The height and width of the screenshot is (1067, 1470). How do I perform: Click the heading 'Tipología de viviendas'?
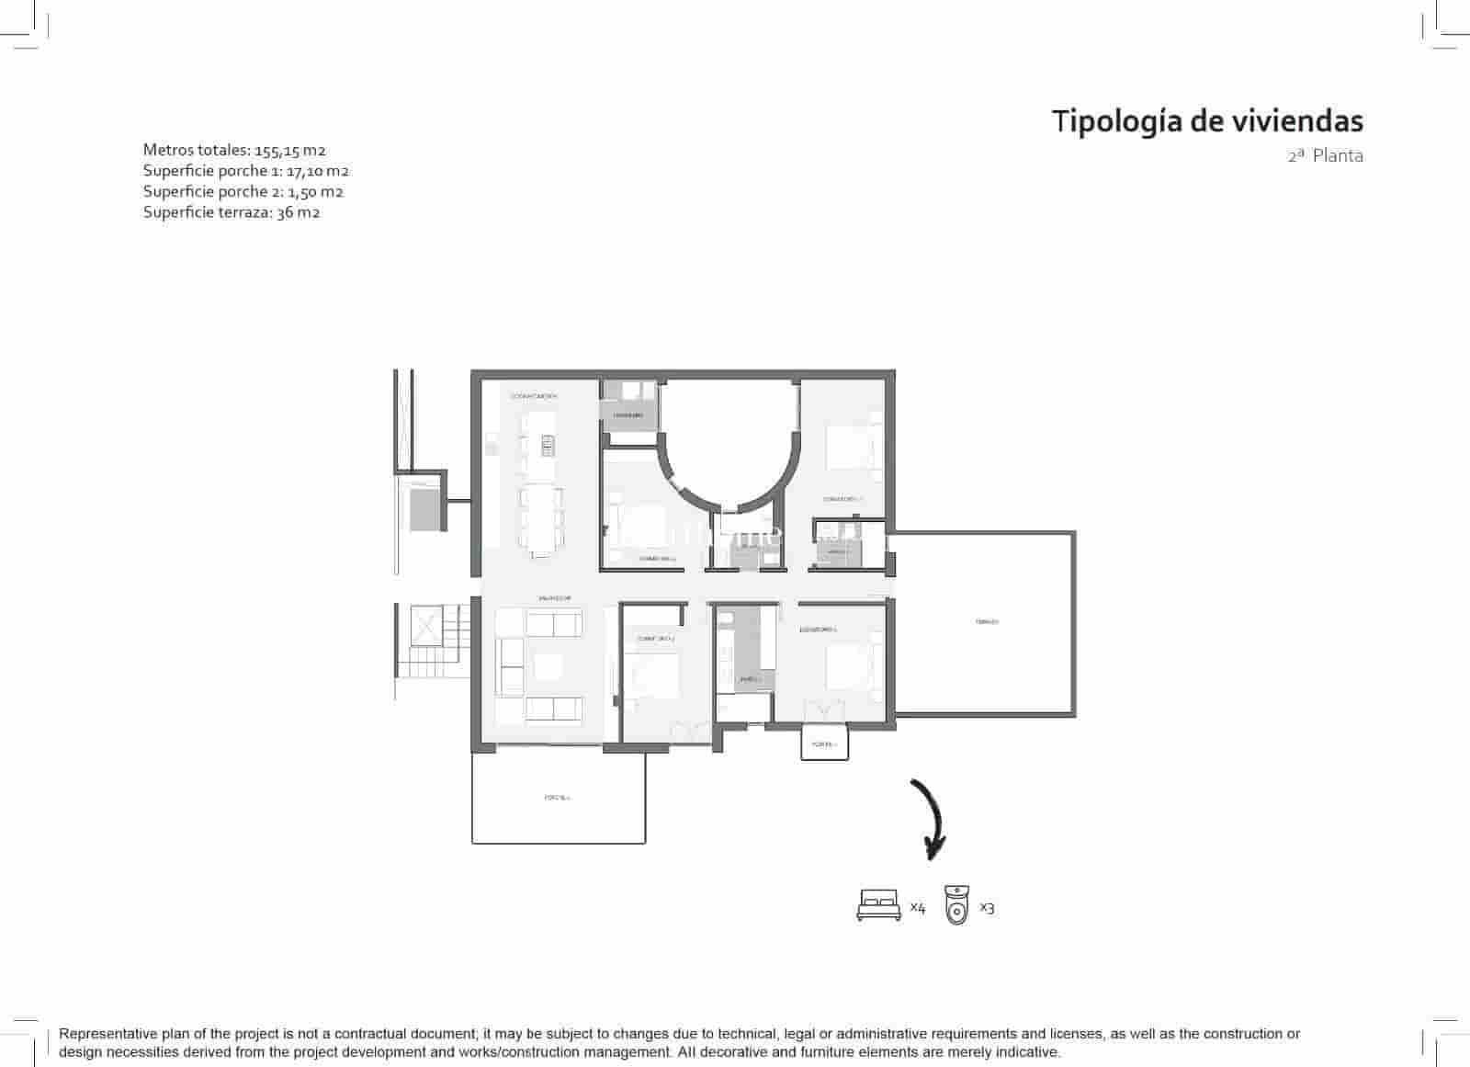pos(1206,120)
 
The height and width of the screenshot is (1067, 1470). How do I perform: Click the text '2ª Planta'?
pos(1325,155)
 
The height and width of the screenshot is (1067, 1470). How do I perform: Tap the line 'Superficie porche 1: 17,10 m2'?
pos(245,171)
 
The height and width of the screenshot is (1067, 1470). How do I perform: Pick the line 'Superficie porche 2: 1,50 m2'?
pos(243,191)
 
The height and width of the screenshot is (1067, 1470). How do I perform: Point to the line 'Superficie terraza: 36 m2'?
pos(232,212)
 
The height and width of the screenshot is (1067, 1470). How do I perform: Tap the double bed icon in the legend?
pos(878,905)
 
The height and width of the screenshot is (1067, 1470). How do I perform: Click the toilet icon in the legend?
pos(957,904)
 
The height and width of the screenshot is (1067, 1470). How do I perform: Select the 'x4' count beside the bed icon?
pos(918,907)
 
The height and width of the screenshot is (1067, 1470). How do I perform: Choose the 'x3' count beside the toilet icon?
pos(987,907)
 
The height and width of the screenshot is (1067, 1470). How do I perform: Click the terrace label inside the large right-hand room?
pos(987,622)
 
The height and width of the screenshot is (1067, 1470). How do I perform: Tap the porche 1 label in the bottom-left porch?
pos(557,798)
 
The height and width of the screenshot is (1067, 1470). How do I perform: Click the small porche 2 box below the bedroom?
pos(824,743)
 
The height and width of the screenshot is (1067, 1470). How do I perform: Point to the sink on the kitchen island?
pos(548,447)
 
